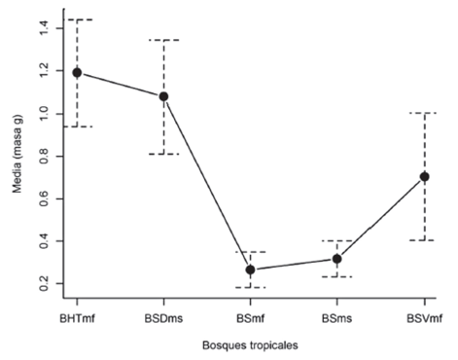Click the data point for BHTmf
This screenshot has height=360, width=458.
77,73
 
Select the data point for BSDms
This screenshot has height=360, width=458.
163,96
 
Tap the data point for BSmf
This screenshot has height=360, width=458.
250,270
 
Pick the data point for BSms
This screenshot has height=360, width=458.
336,259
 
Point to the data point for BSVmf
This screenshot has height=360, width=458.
423,176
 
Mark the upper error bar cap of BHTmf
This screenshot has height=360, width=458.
77,19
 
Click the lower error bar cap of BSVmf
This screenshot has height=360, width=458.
423,239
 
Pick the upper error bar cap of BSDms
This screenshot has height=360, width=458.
163,40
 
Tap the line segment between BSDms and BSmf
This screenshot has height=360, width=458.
206,183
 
